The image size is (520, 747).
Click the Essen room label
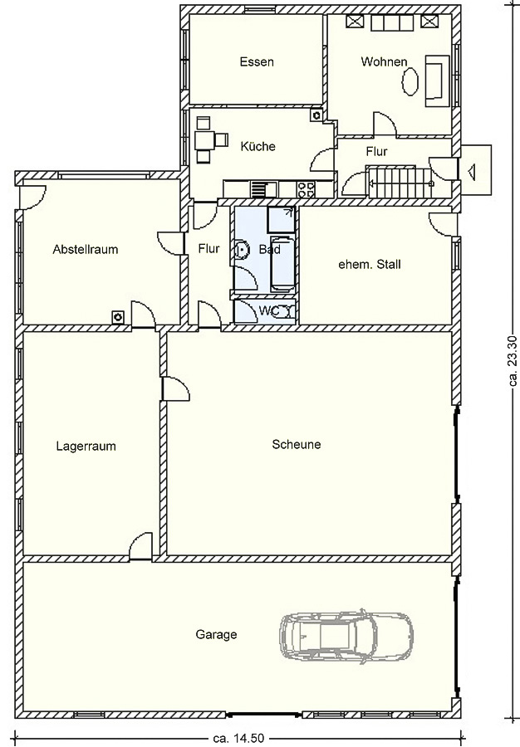coord(257,62)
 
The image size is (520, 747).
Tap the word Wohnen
coord(384,61)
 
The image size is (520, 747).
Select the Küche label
coord(258,146)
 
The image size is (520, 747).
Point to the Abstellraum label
coord(86,249)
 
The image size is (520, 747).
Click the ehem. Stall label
coord(370,264)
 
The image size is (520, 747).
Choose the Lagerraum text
coord(86,447)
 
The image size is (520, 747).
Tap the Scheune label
coord(297,445)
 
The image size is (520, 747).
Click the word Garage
coord(216,635)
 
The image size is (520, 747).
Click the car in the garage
coord(346,636)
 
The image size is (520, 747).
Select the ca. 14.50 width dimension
coord(238,739)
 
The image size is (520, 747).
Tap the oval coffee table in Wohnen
coord(410,81)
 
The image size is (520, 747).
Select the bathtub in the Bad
coord(282,262)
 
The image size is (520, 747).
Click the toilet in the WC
coord(285,311)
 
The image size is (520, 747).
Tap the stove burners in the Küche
coord(306,189)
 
